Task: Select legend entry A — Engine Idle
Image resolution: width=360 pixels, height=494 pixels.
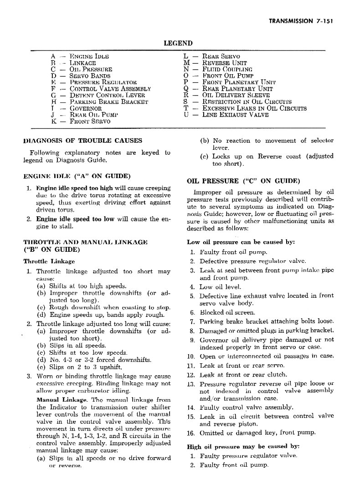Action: [x=80, y=56]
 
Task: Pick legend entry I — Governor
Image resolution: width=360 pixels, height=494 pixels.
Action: [x=76, y=109]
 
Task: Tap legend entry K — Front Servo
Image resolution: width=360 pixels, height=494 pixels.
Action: [x=81, y=122]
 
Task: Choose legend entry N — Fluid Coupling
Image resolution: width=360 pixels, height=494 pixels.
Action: [x=214, y=69]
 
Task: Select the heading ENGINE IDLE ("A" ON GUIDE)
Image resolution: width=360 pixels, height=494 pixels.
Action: [x=77, y=176]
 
